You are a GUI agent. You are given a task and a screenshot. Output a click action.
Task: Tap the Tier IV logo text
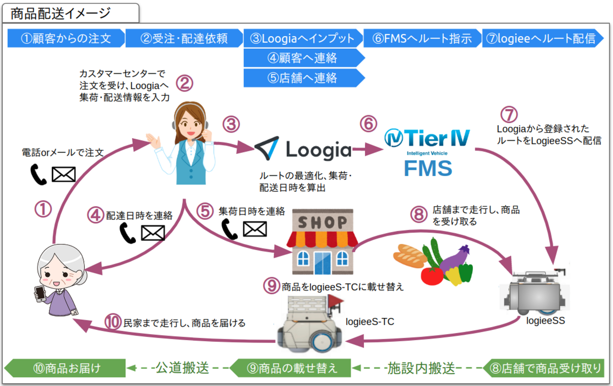427,138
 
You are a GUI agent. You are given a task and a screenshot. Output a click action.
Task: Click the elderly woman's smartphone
40,294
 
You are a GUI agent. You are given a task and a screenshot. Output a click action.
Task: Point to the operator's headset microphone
194,139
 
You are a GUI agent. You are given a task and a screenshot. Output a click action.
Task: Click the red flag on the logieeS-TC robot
334,300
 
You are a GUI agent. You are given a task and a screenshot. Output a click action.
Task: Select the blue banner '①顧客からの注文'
66,38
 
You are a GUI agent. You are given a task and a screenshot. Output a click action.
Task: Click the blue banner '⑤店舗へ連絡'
303,78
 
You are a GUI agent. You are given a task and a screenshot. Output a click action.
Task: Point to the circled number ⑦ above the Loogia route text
509,115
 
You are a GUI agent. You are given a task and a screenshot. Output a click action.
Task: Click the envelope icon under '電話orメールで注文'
63,175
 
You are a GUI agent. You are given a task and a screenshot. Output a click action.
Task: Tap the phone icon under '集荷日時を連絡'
230,229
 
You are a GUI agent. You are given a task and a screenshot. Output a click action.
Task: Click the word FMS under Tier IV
428,168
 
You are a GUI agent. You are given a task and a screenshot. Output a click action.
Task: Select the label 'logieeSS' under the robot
545,321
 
